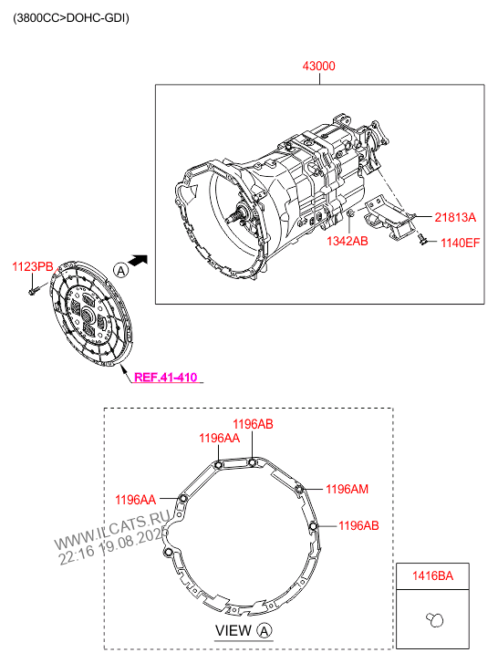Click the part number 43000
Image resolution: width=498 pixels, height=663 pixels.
click(318, 66)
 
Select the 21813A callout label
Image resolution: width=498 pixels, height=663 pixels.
click(455, 217)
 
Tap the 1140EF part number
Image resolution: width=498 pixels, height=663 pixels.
click(461, 243)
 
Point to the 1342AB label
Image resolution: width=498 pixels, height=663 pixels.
click(348, 241)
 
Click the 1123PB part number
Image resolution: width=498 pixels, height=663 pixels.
click(33, 267)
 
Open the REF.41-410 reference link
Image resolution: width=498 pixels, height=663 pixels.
click(165, 378)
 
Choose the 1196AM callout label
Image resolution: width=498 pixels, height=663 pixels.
click(348, 489)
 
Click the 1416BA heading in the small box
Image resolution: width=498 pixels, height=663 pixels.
click(432, 575)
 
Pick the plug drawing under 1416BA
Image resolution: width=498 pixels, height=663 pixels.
click(435, 619)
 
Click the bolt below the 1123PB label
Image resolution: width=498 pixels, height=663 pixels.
click(35, 290)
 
